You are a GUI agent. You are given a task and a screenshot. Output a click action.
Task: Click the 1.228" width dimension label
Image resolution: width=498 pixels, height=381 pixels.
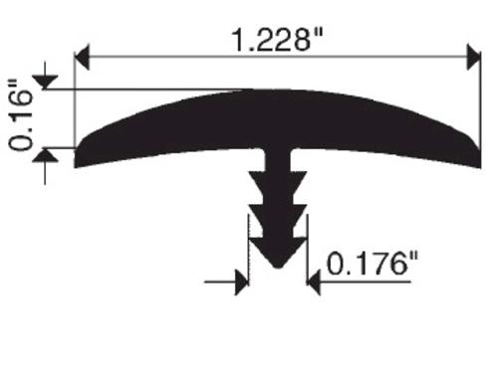tap(278, 40)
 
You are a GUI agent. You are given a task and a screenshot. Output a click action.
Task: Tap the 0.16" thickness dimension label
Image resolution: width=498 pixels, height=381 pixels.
tap(21, 115)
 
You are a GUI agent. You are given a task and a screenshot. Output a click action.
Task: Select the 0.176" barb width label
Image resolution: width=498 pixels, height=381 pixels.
tap(373, 264)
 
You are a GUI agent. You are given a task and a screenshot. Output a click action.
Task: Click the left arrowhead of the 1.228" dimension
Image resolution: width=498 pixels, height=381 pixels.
tap(82, 57)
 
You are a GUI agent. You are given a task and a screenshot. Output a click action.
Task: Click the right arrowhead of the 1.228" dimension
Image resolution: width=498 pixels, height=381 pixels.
tap(474, 57)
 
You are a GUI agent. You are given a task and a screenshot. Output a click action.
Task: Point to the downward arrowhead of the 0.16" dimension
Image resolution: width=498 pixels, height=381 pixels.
tap(46, 83)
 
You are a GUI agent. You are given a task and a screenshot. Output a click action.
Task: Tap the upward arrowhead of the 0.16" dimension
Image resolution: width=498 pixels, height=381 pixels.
tap(46, 155)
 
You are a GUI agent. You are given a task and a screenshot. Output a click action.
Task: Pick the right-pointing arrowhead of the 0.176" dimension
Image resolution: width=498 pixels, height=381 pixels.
tap(242, 283)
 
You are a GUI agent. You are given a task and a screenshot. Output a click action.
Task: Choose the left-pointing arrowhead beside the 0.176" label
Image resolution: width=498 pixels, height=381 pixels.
tap(314, 283)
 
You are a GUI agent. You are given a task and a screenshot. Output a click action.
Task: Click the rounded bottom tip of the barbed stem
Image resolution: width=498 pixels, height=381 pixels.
tap(278, 265)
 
